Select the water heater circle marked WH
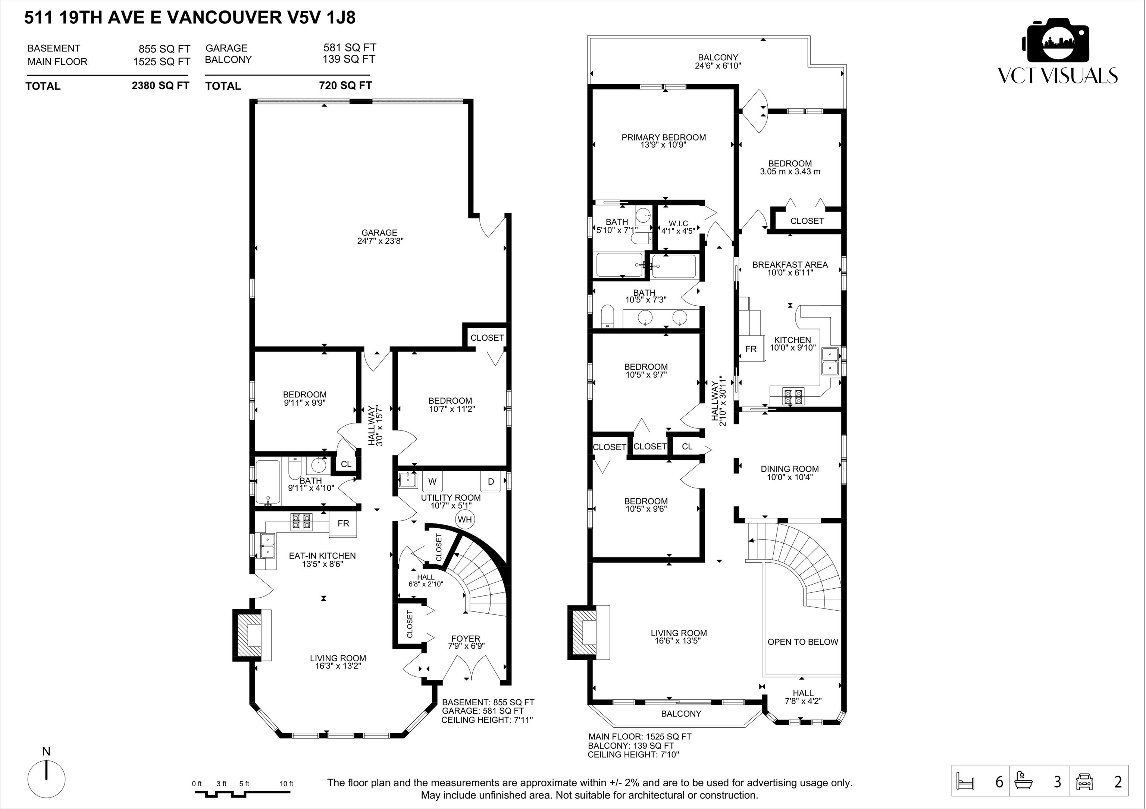point(465,520)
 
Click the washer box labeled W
point(432,481)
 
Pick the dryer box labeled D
point(491,481)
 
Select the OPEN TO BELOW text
point(802,642)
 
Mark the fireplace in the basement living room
point(253,635)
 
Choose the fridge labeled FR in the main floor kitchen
point(750,349)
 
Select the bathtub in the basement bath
point(267,482)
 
